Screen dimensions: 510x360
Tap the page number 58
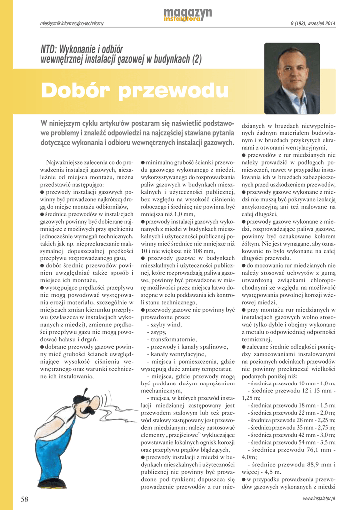coord(25,499)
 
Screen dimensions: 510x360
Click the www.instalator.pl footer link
coord(319,499)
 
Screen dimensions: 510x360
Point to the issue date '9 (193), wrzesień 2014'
coord(313,24)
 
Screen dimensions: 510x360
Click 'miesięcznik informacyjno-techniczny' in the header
coord(72,24)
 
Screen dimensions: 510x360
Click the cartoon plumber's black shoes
coord(52,483)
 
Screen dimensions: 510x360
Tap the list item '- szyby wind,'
coord(165,324)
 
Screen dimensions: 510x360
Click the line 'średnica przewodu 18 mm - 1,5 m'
coord(291,406)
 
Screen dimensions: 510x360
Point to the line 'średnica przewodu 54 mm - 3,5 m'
coord(291,442)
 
